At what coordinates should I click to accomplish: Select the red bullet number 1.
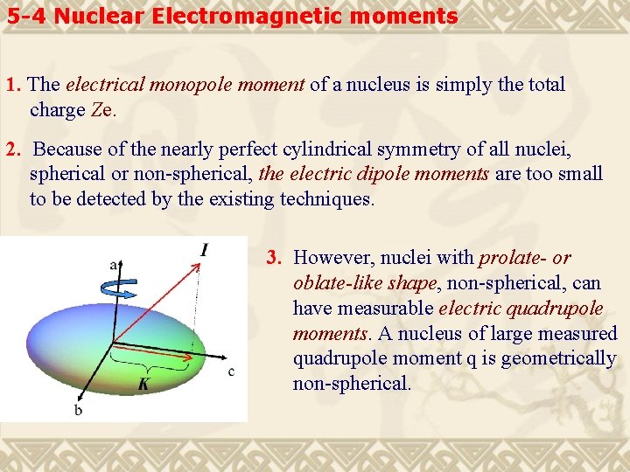coord(12,86)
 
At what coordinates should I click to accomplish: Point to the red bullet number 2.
coord(12,149)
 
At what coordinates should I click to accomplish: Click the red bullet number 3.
coord(274,258)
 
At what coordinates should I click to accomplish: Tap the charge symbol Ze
coord(101,110)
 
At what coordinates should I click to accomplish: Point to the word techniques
coord(326,199)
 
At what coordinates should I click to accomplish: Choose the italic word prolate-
coord(513,258)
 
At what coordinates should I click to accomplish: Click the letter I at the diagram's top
coord(204,251)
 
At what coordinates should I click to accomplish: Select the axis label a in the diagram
coord(114,264)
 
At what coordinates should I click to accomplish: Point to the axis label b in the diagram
coord(78,409)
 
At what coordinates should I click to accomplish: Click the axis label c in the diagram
coord(230,371)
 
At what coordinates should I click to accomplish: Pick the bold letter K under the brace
coord(142,384)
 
